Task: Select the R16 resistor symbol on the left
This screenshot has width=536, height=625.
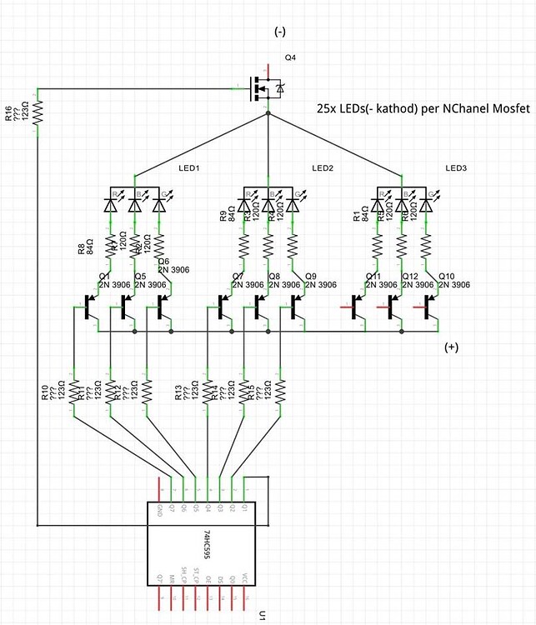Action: tap(38, 111)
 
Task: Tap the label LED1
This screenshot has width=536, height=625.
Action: tap(189, 168)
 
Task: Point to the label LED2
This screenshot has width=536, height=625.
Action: tap(323, 168)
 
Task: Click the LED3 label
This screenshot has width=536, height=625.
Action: tap(456, 168)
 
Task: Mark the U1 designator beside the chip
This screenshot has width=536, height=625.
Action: tap(261, 616)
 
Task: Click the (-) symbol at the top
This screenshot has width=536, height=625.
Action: tap(281, 32)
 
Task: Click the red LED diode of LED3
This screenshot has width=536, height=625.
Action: tap(378, 203)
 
